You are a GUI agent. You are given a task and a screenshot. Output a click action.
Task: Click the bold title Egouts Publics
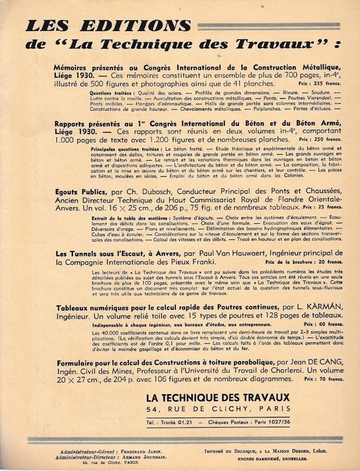[80, 191]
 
